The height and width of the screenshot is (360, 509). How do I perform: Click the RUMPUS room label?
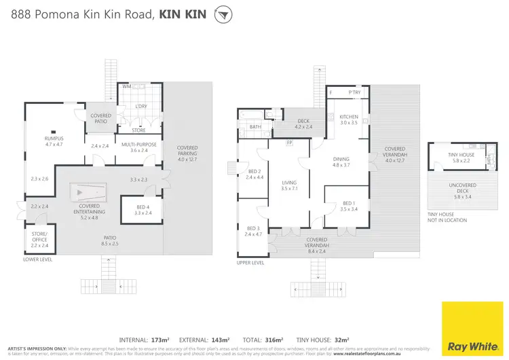point(54,141)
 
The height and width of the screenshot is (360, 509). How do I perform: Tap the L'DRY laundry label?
point(141,107)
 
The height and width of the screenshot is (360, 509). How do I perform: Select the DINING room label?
point(340,160)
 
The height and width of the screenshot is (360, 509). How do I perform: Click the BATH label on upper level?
point(255,127)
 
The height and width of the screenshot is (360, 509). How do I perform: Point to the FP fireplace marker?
point(289,143)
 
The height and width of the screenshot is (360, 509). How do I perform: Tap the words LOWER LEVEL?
point(37,259)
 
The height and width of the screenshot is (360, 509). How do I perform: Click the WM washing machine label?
point(126,88)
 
